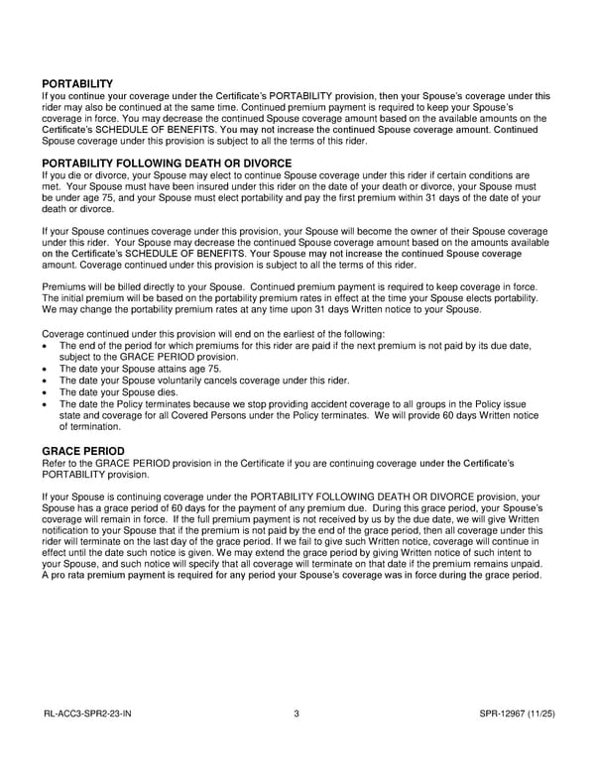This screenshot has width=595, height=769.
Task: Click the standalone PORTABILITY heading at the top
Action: [77, 84]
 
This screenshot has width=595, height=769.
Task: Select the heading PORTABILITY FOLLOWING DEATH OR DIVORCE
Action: [167, 164]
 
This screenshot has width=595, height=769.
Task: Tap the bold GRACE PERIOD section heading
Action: [82, 451]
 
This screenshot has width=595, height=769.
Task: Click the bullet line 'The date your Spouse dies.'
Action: [121, 391]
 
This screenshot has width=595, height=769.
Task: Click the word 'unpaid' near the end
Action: [524, 564]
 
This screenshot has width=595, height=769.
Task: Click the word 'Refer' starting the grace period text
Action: [56, 463]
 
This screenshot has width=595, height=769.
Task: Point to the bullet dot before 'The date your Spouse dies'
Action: [46, 392]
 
